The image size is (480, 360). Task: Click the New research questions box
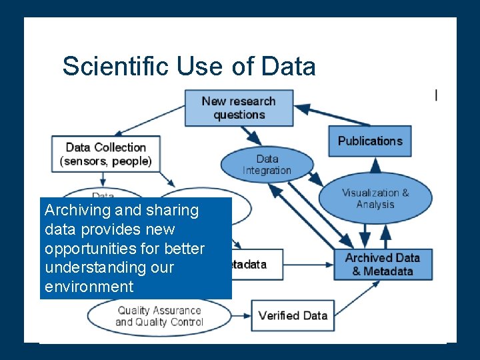[x=239, y=107]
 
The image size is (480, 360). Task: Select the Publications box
[x=369, y=141]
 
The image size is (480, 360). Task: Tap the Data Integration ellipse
[x=267, y=164]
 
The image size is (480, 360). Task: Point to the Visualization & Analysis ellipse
[x=375, y=198]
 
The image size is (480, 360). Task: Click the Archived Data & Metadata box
[x=382, y=264]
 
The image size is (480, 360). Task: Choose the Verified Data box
[x=292, y=315]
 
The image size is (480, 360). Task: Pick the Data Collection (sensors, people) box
[x=107, y=154]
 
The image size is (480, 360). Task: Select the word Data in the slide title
[x=288, y=67]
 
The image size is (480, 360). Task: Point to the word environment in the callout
[x=89, y=287]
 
